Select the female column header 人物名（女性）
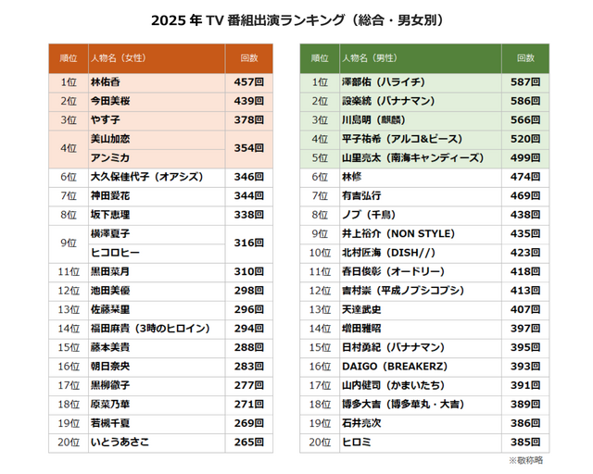click(x=118, y=58)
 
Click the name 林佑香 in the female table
click(x=105, y=82)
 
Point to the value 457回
click(x=249, y=82)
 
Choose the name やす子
click(x=105, y=119)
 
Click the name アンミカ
click(x=109, y=156)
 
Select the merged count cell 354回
click(x=249, y=147)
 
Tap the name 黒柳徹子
click(x=109, y=385)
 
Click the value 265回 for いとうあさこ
click(x=249, y=442)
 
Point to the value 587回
click(x=525, y=82)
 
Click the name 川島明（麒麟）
click(x=378, y=119)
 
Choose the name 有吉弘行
click(x=361, y=195)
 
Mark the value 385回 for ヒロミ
click(x=525, y=442)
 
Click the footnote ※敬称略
click(x=525, y=460)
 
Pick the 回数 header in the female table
click(x=249, y=58)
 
